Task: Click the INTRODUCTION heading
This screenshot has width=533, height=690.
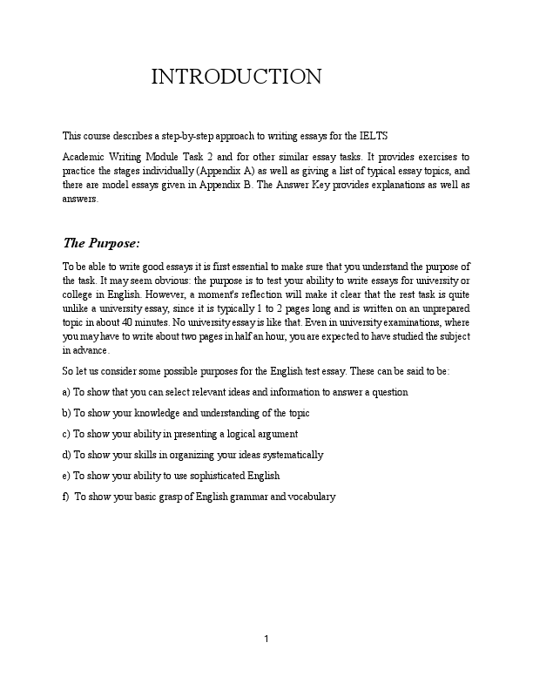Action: [x=236, y=77]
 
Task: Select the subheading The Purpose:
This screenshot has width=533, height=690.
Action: [x=101, y=242]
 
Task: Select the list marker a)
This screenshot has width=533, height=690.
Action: [x=67, y=392]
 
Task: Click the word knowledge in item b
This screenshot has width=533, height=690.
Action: [x=145, y=413]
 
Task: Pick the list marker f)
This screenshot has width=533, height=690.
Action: [x=66, y=497]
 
